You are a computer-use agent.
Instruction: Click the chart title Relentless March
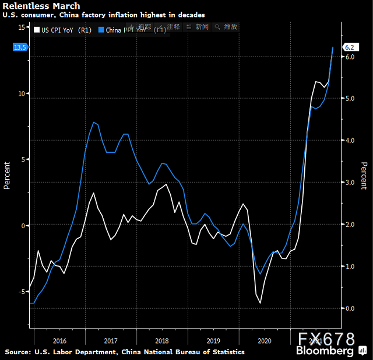pyautogui.click(x=41, y=6)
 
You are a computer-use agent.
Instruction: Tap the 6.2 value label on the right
pyautogui.click(x=350, y=47)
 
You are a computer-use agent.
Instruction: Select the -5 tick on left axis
pyautogui.click(x=21, y=291)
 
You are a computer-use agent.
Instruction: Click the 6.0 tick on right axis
pyautogui.click(x=350, y=57)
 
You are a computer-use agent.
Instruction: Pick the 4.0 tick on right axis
pyautogui.click(x=350, y=141)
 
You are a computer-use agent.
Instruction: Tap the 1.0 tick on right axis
pyautogui.click(x=350, y=266)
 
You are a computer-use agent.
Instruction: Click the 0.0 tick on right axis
pyautogui.click(x=350, y=308)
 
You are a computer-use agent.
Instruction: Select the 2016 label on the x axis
pyautogui.click(x=59, y=340)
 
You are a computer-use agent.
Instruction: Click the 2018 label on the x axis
pyautogui.click(x=162, y=340)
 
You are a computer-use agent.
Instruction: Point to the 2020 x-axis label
pyautogui.click(x=265, y=340)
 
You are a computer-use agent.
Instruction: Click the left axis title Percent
pyautogui.click(x=7, y=176)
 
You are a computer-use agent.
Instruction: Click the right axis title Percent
pyautogui.click(x=364, y=176)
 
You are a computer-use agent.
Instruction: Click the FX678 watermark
pyautogui.click(x=326, y=339)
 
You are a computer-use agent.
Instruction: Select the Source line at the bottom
pyautogui.click(x=125, y=352)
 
